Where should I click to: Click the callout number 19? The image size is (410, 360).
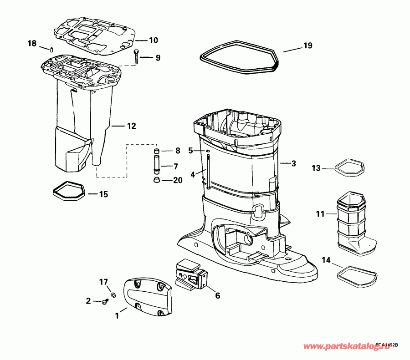tap(308, 46)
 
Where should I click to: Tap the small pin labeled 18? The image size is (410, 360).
tap(52, 49)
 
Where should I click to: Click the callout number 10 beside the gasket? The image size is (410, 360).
tap(153, 40)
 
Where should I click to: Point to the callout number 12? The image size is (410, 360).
tap(131, 126)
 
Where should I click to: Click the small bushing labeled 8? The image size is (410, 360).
tap(156, 151)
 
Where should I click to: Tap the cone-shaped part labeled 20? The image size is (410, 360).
tap(156, 180)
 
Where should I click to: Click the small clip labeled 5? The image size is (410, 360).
tap(206, 151)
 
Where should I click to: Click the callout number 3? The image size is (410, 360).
tap(294, 163)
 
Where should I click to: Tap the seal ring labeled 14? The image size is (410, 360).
tap(357, 274)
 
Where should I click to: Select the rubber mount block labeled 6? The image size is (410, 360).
tap(190, 274)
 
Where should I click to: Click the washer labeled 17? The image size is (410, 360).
tap(113, 295)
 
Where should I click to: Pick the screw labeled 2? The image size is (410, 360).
tap(104, 302)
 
